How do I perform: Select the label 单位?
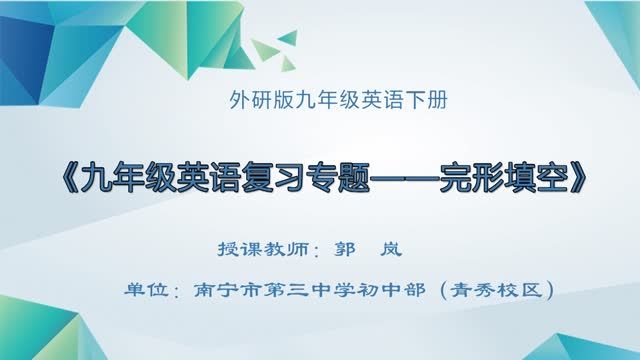[142, 290]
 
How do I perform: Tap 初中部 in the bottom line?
[375, 290]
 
